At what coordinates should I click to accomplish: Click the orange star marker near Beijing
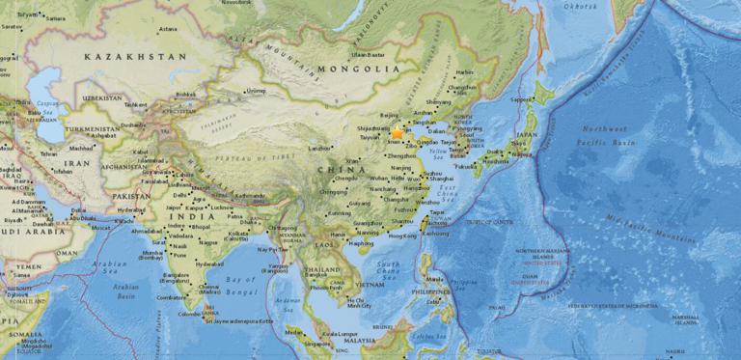tap(397, 133)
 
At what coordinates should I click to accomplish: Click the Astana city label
tap(168, 29)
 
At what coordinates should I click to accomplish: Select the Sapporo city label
tap(522, 98)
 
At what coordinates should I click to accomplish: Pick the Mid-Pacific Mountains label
tap(657, 229)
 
